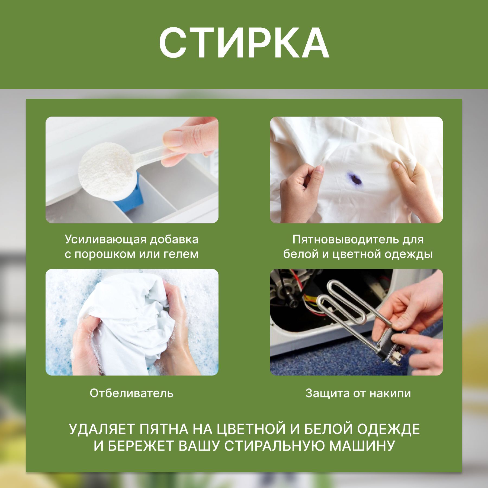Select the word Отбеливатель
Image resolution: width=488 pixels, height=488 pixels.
point(131,393)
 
